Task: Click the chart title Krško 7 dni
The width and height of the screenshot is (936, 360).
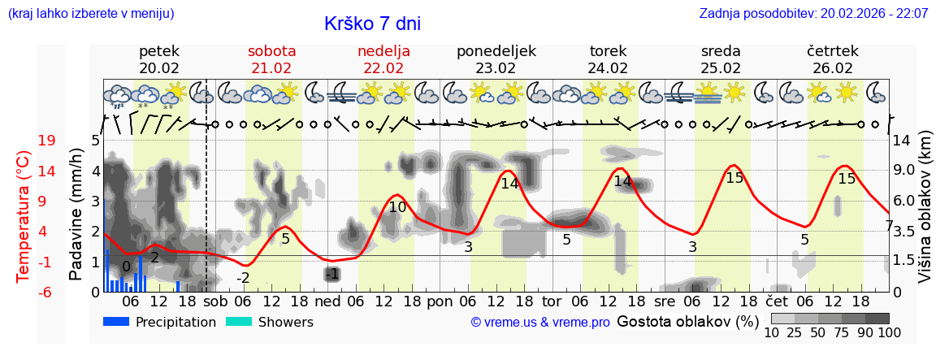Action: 372,24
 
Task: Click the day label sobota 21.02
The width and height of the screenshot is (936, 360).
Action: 271,59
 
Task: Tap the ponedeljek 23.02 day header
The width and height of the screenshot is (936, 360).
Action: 496,59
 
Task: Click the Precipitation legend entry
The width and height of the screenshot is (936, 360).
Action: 160,322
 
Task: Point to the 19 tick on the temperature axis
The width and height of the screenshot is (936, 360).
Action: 46,141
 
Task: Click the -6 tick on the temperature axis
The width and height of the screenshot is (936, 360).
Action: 46,292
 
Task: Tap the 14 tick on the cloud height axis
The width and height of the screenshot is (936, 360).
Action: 902,141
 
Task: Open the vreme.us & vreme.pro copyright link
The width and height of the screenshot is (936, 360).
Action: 540,322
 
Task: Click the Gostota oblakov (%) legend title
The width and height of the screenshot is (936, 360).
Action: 687,321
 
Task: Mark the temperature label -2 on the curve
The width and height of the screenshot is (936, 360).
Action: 243,278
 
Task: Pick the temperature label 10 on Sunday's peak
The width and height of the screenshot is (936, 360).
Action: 397,207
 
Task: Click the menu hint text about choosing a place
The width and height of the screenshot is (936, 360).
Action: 91,14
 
